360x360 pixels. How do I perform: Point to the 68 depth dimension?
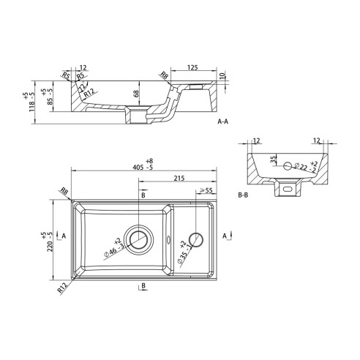click(x=136, y=93)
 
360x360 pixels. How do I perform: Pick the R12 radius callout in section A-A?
click(x=89, y=94)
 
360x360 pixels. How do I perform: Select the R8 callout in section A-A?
click(x=164, y=75)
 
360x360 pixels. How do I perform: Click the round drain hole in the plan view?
click(x=138, y=237)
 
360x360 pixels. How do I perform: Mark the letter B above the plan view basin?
click(x=143, y=196)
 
